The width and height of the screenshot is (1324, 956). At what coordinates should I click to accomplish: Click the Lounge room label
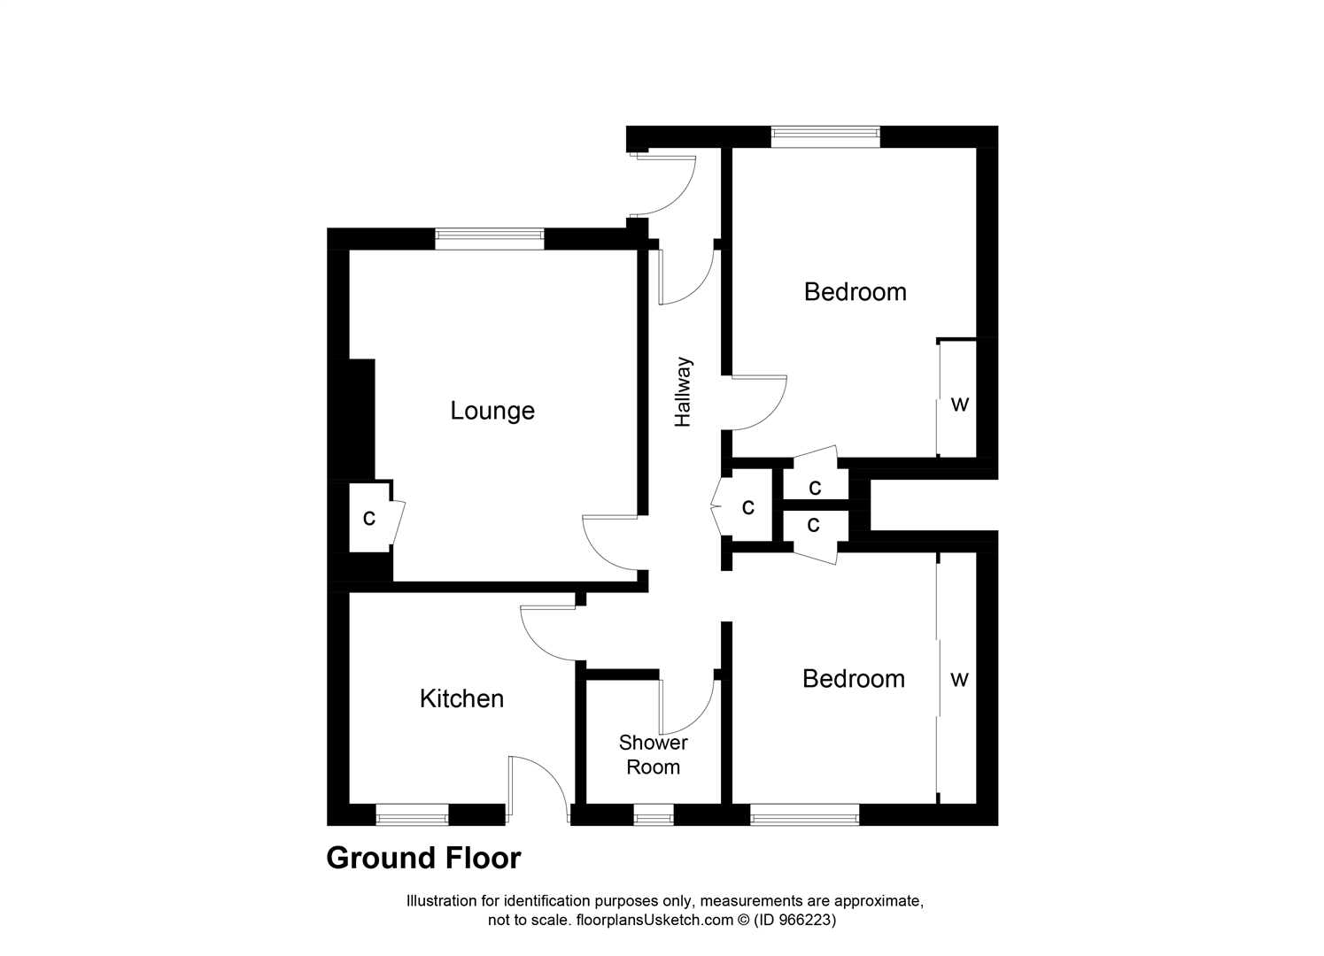point(492,411)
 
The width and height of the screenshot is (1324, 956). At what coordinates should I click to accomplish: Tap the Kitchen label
point(461,698)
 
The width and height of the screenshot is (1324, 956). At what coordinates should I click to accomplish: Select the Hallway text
point(683,392)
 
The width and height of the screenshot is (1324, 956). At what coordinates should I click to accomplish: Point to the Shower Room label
point(653,755)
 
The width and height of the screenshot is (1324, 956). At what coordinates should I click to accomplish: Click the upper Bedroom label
point(855,292)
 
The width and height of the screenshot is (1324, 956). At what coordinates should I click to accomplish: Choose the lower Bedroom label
point(853,679)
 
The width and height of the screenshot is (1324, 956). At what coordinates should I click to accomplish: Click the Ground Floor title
point(423,858)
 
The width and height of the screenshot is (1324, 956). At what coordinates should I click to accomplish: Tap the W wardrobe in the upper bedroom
point(959,405)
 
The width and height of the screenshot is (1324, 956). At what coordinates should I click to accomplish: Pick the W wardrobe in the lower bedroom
point(959,679)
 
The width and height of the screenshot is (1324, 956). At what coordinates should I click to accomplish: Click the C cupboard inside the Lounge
point(369,518)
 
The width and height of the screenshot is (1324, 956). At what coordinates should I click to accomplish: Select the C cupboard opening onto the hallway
point(748,507)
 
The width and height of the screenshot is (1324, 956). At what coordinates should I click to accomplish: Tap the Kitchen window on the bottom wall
point(412,815)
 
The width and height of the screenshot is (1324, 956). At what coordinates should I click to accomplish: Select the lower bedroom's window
point(804,815)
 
